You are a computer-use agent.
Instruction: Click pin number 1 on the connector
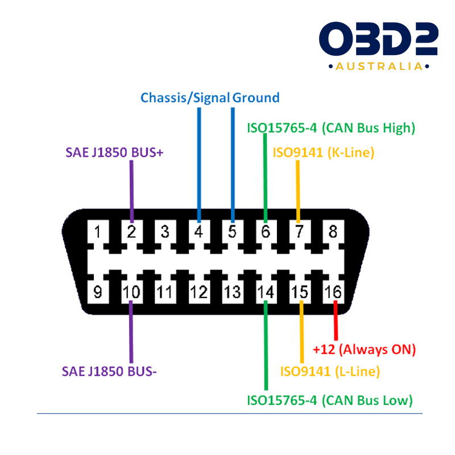tap(98, 232)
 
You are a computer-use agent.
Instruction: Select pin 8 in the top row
tap(333, 232)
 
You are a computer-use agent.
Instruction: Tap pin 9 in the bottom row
tap(98, 292)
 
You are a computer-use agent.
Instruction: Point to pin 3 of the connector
tap(165, 232)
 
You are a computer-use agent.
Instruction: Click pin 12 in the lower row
tap(198, 292)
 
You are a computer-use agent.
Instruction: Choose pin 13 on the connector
tap(232, 292)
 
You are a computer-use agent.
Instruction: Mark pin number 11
tap(165, 292)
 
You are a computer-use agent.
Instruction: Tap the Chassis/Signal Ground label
tap(210, 97)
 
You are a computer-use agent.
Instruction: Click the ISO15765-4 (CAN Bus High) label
tap(331, 127)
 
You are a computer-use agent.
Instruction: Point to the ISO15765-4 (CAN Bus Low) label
tap(329, 400)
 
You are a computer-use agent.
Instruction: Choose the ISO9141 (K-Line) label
tap(323, 152)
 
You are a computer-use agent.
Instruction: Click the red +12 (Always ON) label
tap(365, 348)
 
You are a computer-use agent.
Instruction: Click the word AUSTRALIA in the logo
tap(378, 67)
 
